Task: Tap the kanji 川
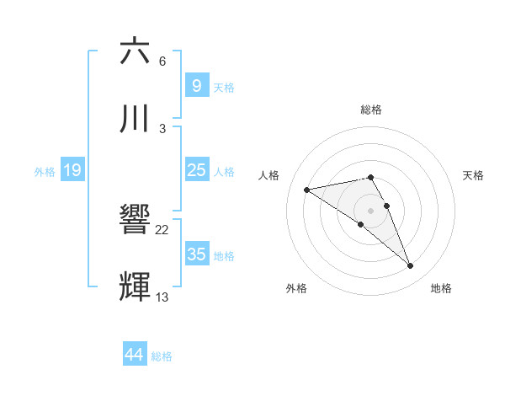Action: click(136, 119)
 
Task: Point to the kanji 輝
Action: click(136, 287)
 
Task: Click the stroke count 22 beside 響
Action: click(162, 229)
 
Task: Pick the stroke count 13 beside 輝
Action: click(162, 297)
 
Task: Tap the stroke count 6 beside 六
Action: click(162, 61)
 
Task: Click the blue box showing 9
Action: click(196, 85)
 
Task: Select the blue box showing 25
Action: click(196, 170)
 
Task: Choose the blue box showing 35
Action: click(196, 254)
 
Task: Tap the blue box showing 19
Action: click(72, 170)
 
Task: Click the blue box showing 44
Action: click(135, 355)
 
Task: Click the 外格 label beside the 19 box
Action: click(44, 172)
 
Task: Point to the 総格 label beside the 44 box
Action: click(162, 356)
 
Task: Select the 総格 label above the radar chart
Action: click(371, 110)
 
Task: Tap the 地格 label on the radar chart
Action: click(441, 288)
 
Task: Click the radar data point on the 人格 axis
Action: click(307, 189)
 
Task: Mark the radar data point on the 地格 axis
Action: click(411, 266)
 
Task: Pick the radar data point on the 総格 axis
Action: click(370, 177)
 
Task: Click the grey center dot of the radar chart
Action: click(370, 210)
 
